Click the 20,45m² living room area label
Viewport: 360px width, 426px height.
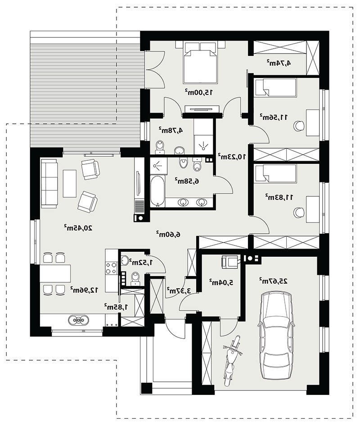[x=78, y=228]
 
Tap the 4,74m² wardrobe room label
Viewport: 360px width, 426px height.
[x=279, y=63]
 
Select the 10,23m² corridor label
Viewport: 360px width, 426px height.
[x=232, y=156]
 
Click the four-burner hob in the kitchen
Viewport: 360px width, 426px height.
[x=111, y=267]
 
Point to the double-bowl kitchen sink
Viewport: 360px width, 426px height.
[x=78, y=320]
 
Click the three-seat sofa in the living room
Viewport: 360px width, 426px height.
[x=49, y=184]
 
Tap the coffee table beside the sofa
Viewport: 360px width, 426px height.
[x=69, y=183]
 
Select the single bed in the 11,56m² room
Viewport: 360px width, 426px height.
[x=275, y=87]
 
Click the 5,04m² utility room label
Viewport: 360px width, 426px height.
[x=221, y=282]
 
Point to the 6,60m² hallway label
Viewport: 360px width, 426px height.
[x=168, y=234]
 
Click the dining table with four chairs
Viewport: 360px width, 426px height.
[x=55, y=274]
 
